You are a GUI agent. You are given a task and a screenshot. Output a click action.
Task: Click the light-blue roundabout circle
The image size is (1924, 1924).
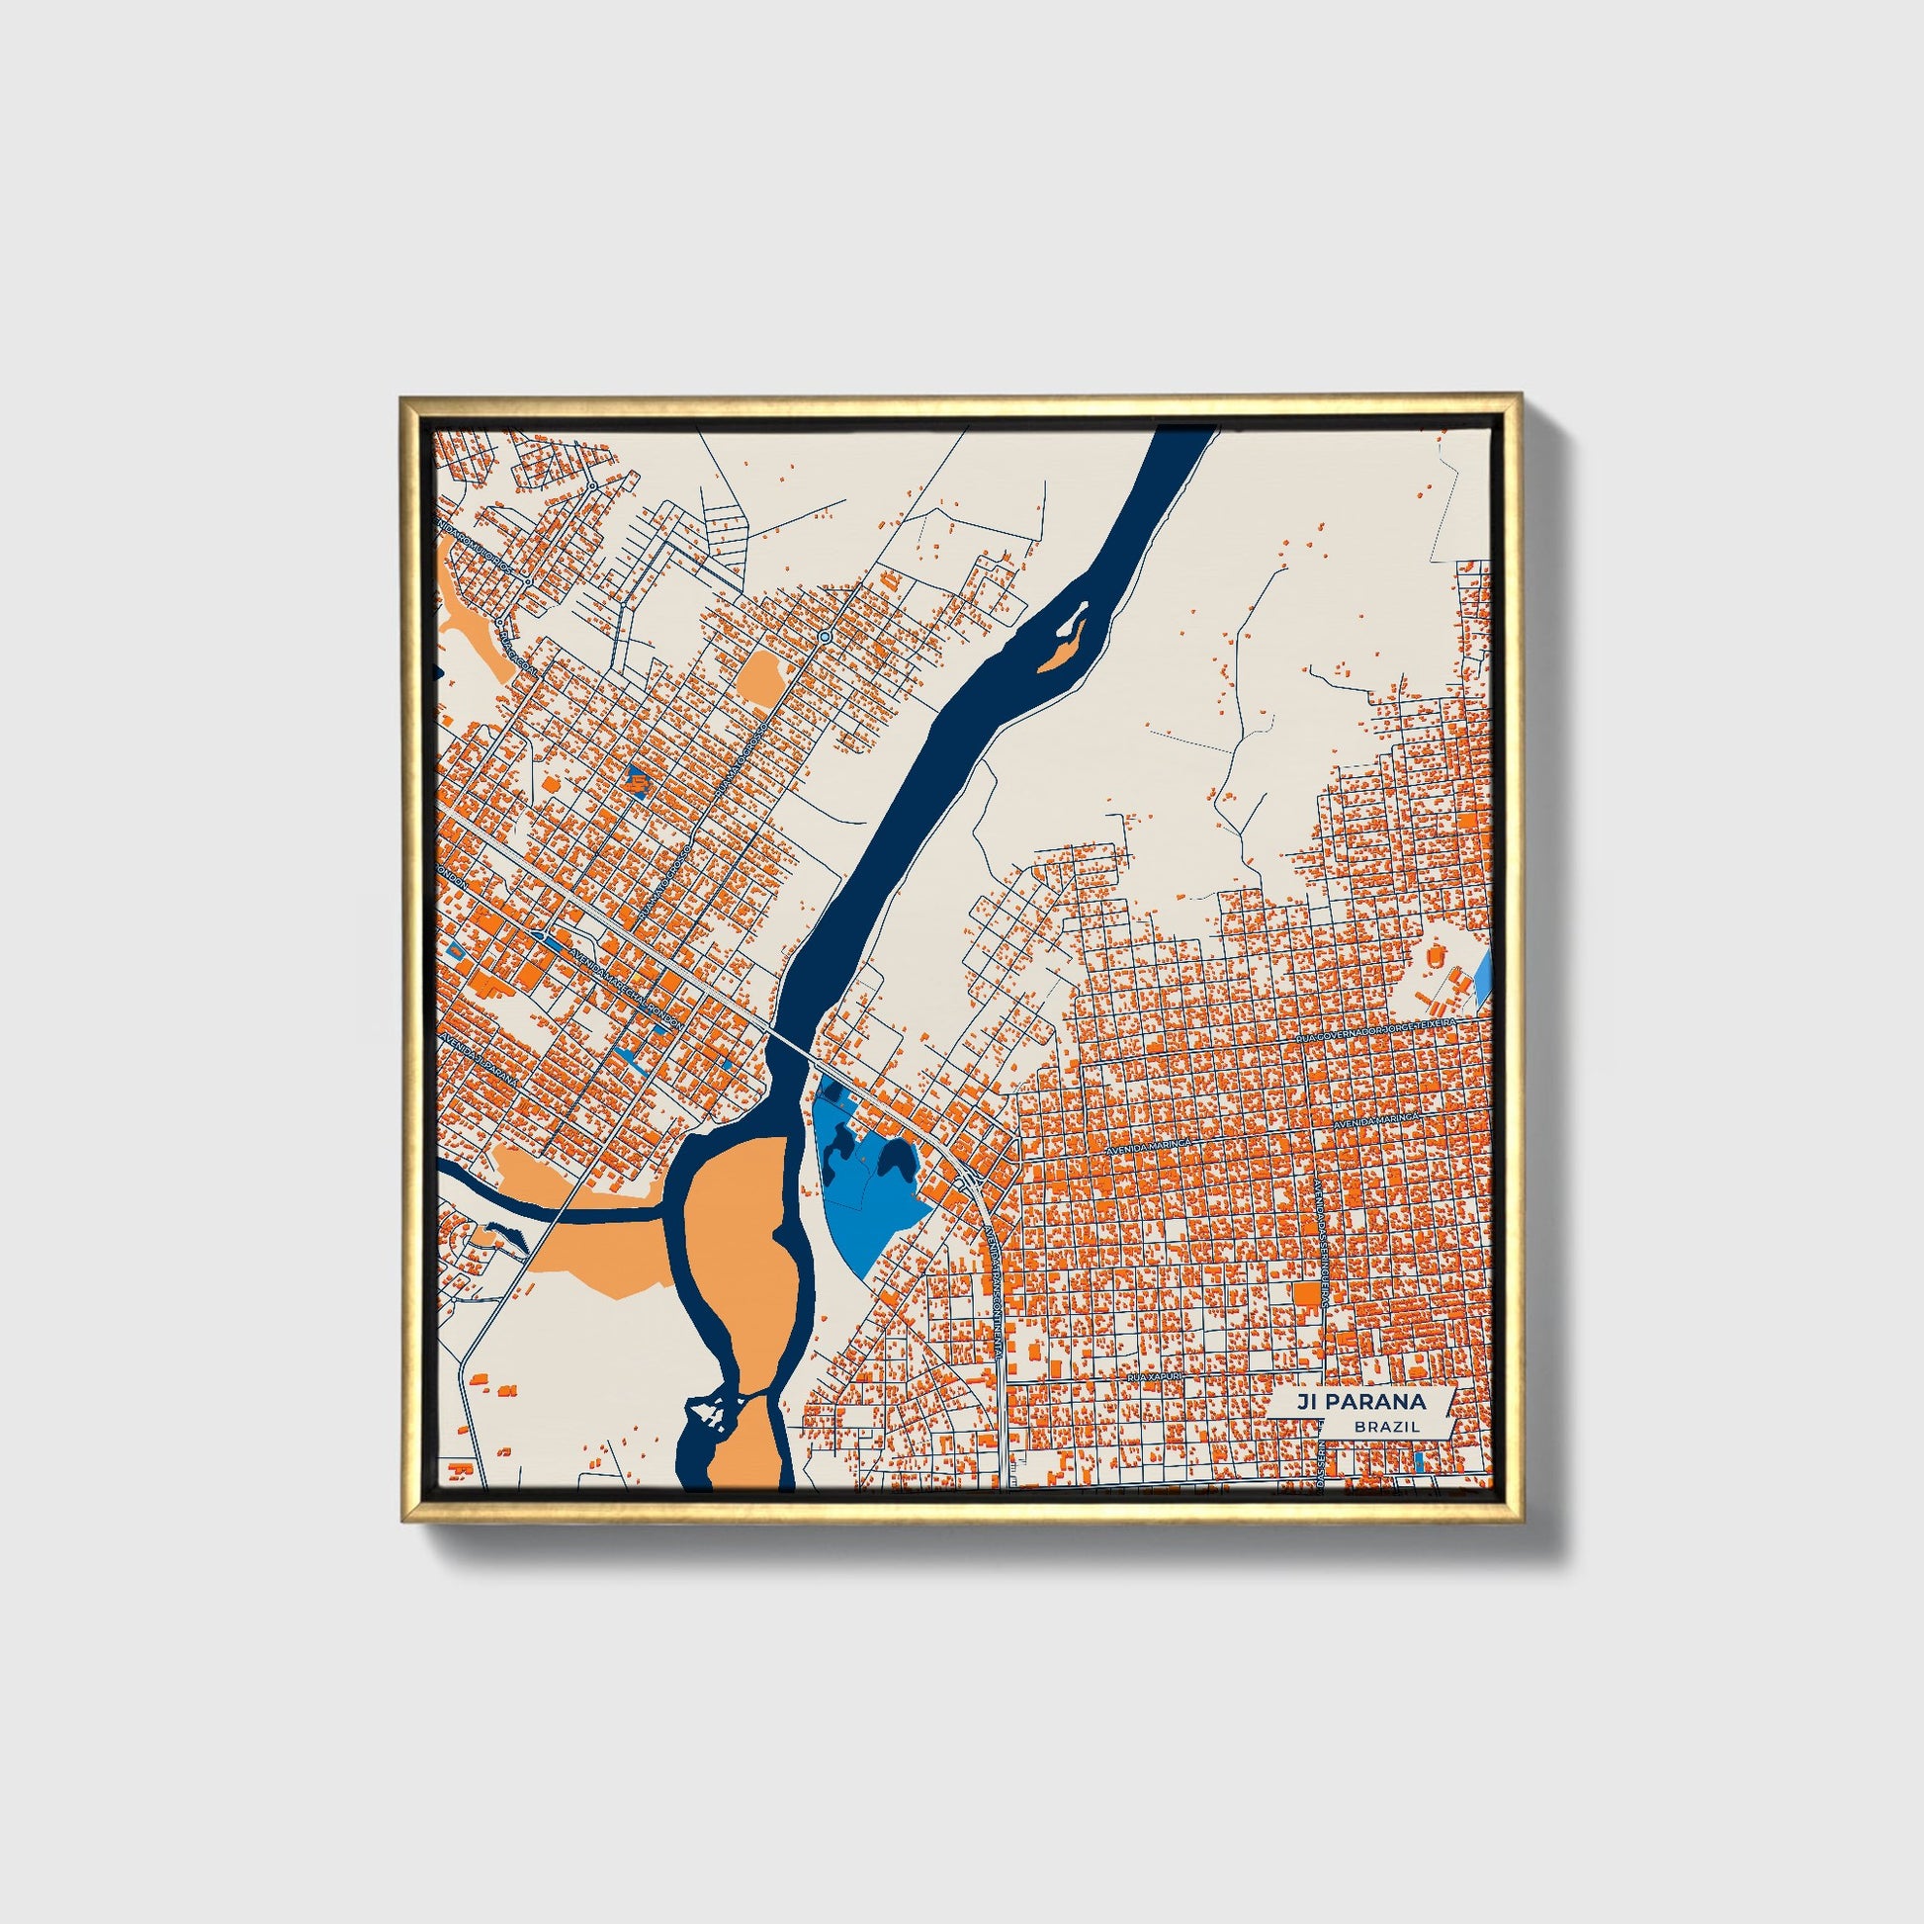(825, 636)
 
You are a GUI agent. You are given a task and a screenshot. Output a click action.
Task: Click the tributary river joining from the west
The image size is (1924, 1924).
(558, 1211)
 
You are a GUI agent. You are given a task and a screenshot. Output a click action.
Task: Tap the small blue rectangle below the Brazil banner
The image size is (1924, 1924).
(1419, 1462)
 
